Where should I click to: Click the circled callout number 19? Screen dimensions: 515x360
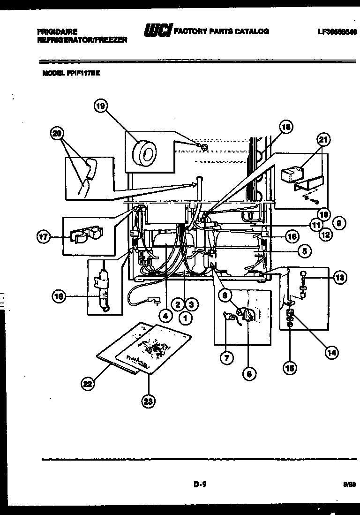pos(100,106)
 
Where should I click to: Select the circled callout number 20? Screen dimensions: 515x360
pos(57,134)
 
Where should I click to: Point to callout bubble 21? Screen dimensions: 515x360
pos(324,139)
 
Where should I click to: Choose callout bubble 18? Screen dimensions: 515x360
pos(285,127)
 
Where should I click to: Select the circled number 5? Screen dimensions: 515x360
pos(304,251)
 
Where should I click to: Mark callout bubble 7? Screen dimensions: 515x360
pos(226,358)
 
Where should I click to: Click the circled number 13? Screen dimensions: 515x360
pos(340,278)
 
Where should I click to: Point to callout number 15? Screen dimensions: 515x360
pos(290,368)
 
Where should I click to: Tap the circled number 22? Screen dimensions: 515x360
pos(87,384)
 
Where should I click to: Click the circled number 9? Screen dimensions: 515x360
pos(340,224)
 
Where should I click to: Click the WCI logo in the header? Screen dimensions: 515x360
pos(158,31)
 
